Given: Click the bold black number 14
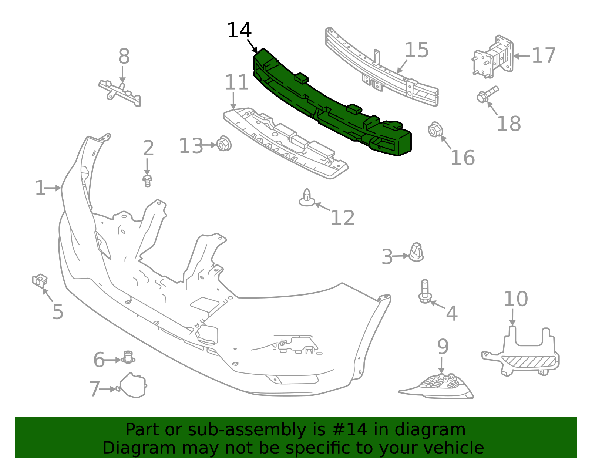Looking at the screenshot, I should (x=239, y=30).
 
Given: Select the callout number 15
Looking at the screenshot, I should (x=416, y=50).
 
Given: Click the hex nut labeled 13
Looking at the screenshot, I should (x=223, y=144).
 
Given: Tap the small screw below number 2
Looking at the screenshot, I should (x=147, y=181).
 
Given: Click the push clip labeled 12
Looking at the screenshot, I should (x=307, y=198).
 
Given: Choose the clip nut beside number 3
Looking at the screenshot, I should (x=416, y=252).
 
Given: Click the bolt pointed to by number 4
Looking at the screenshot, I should (x=425, y=292).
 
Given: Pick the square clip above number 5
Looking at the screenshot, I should (x=40, y=280).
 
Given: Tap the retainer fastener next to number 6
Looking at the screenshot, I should (x=128, y=357).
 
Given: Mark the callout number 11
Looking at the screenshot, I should (x=236, y=83).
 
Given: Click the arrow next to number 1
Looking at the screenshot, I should (x=53, y=188).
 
